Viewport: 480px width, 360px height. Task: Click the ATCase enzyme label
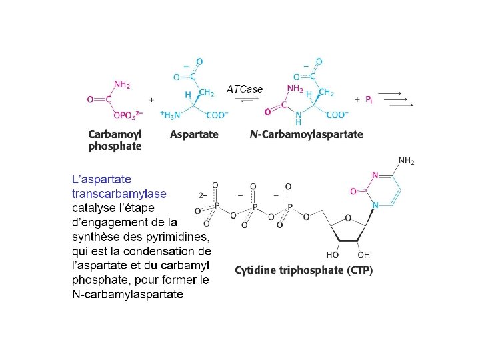245,89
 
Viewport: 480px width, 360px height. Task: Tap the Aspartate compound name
194,134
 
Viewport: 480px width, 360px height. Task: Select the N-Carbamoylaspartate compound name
307,134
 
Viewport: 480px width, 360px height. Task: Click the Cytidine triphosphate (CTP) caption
304,270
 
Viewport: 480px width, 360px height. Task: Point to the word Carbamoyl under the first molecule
115,134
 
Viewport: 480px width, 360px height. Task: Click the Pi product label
369,99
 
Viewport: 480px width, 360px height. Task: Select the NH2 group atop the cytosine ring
406,161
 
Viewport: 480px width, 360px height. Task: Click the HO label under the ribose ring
332,255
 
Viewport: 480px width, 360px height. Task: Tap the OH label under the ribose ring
364,255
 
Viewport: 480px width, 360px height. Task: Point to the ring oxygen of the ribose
347,217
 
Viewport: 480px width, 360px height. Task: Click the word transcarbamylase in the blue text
119,194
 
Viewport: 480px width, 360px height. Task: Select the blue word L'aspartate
101,179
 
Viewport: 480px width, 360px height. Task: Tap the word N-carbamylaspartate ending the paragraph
127,294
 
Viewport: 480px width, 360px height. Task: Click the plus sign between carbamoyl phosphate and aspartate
152,99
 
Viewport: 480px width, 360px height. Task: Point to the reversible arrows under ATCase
245,100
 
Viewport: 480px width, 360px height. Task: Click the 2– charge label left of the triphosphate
203,195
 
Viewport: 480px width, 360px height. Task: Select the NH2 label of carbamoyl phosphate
122,85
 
